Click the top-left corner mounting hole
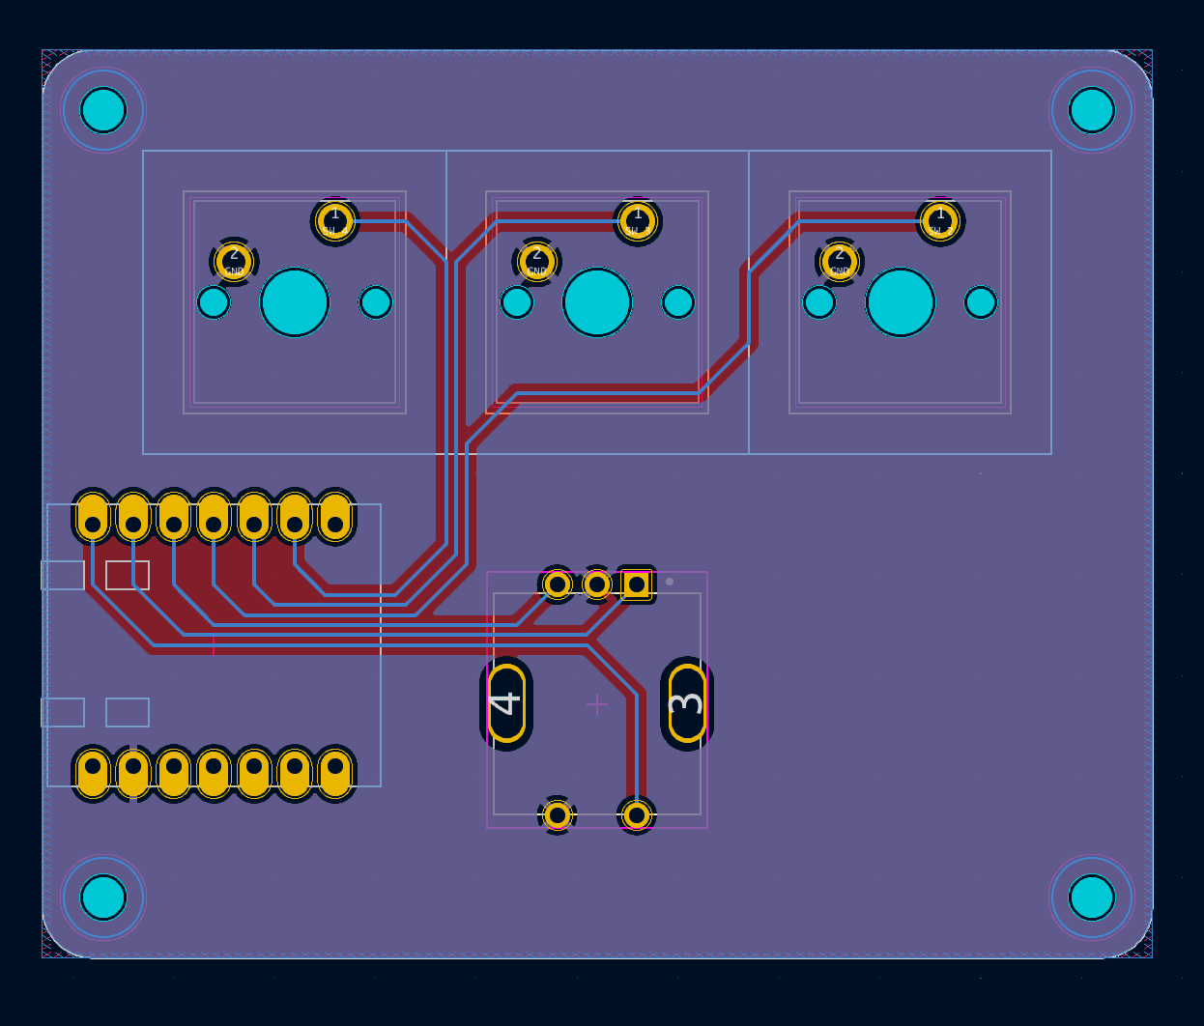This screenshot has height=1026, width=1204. [103, 110]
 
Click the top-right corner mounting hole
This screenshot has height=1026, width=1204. [1092, 110]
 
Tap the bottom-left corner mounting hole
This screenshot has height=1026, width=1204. [103, 898]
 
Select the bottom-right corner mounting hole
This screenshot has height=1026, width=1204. [1092, 898]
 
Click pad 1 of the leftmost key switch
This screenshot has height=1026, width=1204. [335, 221]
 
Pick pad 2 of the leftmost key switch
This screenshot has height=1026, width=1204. [234, 261]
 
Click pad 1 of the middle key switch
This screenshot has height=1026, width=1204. [637, 221]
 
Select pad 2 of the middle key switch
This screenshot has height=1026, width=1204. [536, 261]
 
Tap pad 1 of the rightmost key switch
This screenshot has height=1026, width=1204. [940, 221]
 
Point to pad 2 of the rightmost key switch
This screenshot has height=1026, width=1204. [839, 261]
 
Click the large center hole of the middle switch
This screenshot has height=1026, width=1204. [597, 302]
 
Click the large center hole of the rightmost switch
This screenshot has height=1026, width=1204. [901, 302]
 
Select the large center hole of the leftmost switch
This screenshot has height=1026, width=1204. [295, 302]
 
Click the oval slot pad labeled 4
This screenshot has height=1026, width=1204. [506, 703]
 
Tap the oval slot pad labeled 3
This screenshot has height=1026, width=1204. [687, 703]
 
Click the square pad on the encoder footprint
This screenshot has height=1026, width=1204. [637, 584]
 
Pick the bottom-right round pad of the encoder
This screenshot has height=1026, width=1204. [637, 815]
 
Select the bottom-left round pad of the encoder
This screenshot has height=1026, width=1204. [558, 815]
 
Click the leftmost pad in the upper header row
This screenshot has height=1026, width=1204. [93, 518]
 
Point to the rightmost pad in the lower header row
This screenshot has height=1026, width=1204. [335, 773]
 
